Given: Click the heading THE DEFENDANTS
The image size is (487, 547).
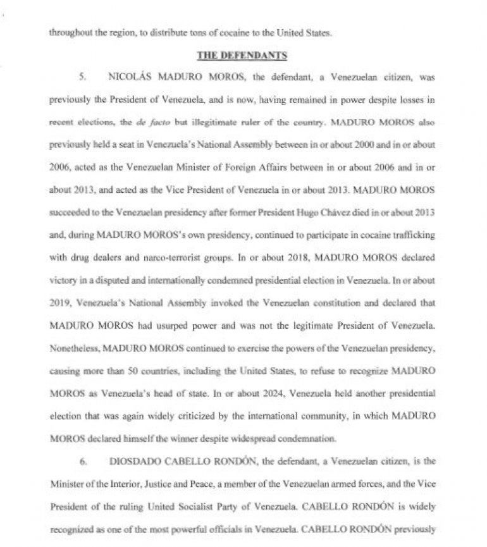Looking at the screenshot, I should pyautogui.click(x=243, y=56).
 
